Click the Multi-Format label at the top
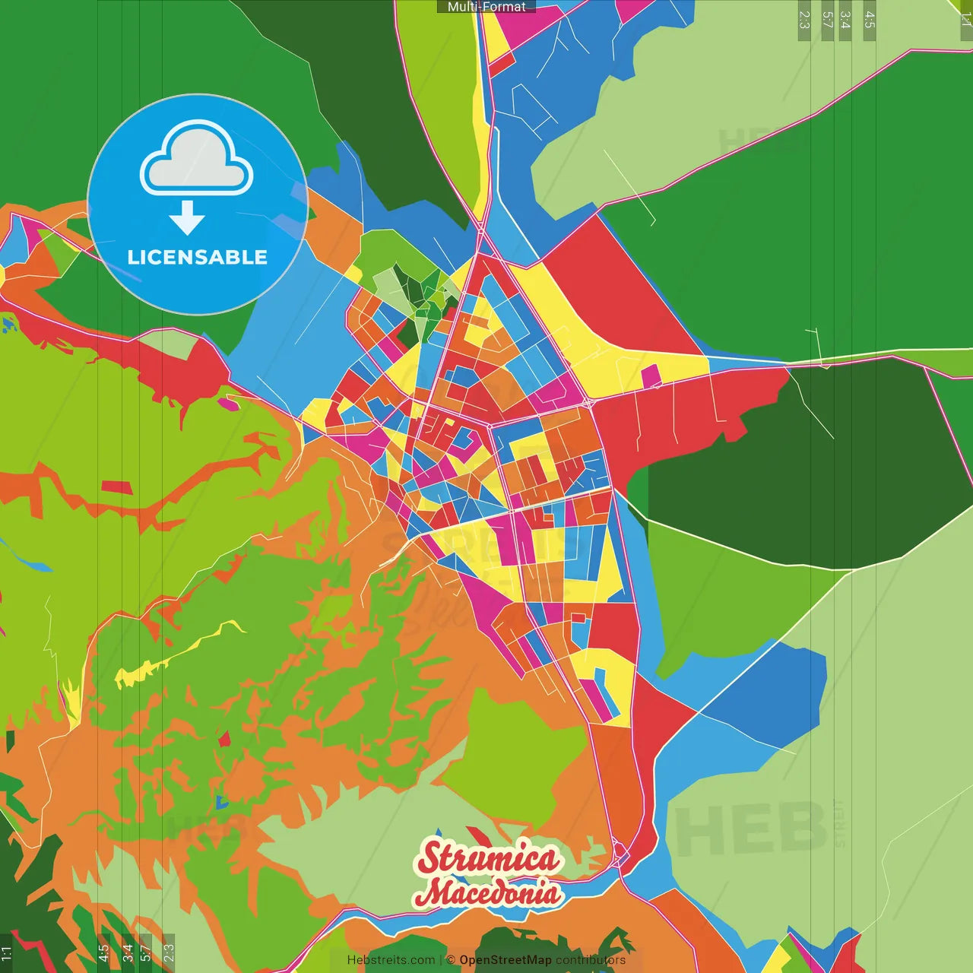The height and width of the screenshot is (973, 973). click(x=486, y=7)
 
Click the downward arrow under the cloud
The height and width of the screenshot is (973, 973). click(x=187, y=218)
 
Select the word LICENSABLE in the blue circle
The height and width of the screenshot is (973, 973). click(x=198, y=257)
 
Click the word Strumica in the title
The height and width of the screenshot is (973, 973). click(x=488, y=858)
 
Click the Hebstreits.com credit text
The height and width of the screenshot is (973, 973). click(x=391, y=960)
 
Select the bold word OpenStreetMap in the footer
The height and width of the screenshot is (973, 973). click(x=505, y=960)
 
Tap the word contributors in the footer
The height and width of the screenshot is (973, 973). click(x=590, y=960)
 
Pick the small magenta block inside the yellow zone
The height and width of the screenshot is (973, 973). click(x=651, y=376)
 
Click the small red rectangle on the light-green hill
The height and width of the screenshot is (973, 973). click(x=116, y=486)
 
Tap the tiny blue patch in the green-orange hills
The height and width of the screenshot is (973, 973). click(x=221, y=801)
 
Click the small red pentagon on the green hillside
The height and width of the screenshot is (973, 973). click(x=224, y=737)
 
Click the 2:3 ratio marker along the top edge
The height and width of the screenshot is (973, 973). click(x=804, y=20)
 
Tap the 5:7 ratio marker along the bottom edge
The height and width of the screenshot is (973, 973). click(x=145, y=952)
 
